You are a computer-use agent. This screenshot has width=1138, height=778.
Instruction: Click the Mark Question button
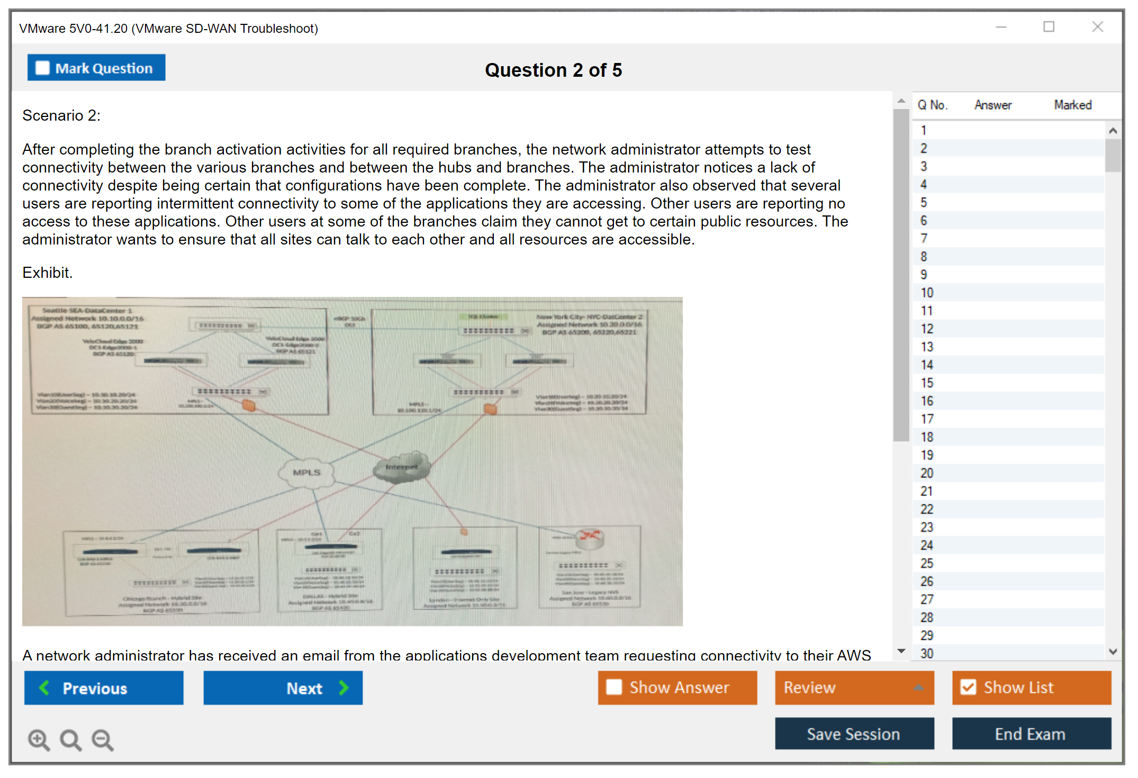click(x=96, y=68)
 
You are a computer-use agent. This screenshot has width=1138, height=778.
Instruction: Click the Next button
click(x=283, y=687)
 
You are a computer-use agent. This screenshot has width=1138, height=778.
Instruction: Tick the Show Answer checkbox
click(x=614, y=687)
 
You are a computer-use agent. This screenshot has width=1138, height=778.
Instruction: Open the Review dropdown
click(x=854, y=687)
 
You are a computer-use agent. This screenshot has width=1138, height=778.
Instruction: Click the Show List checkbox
click(x=969, y=687)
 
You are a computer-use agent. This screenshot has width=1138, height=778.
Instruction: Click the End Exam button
click(x=1031, y=734)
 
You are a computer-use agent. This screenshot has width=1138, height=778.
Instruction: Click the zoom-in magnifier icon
click(x=39, y=739)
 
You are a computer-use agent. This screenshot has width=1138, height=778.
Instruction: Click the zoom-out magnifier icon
click(x=102, y=739)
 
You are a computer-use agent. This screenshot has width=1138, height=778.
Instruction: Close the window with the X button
click(x=1097, y=27)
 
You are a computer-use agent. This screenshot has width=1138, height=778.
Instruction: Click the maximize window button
click(x=1049, y=27)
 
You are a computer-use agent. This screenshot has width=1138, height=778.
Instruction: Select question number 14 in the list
click(x=927, y=365)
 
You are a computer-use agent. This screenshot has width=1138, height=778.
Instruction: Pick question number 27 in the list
click(x=927, y=599)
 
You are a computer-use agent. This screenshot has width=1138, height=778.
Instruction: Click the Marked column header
click(x=1072, y=105)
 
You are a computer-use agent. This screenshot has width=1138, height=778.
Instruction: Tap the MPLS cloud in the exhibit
click(x=307, y=472)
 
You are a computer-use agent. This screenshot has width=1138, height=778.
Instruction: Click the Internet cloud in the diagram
click(x=402, y=467)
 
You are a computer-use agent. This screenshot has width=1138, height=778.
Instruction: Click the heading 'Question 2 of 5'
click(x=553, y=70)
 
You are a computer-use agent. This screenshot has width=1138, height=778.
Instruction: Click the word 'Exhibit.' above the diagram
click(x=48, y=273)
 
